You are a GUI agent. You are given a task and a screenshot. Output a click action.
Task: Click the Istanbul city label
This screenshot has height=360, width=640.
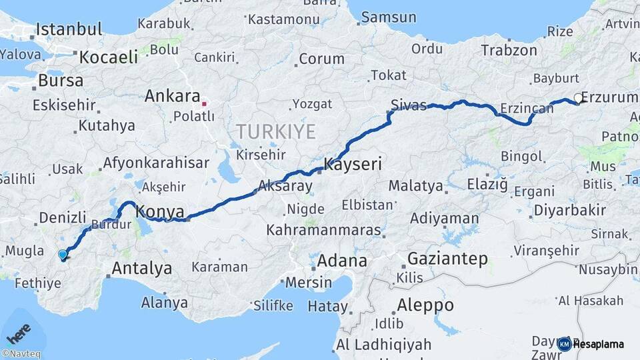(69, 29)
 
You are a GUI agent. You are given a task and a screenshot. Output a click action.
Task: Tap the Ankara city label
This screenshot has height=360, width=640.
(173, 96)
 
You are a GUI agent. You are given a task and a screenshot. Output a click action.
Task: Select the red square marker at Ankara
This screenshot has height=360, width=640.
(205, 103)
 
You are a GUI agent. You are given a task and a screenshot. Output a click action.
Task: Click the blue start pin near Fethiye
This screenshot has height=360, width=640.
(63, 254)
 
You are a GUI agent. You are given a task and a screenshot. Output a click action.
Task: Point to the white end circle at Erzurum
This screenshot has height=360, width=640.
(578, 98)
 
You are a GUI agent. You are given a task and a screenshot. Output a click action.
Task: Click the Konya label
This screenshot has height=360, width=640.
(160, 212)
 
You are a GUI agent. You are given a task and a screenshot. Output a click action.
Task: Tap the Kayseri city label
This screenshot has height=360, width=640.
(353, 165)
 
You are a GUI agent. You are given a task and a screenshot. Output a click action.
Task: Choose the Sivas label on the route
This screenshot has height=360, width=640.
(409, 105)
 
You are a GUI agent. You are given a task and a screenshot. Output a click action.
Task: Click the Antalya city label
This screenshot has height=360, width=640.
(141, 269)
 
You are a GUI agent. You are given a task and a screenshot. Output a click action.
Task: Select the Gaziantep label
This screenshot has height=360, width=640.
(447, 258)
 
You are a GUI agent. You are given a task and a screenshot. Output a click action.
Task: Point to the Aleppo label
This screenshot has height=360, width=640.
(425, 306)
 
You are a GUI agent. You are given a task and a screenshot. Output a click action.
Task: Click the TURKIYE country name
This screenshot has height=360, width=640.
(275, 131)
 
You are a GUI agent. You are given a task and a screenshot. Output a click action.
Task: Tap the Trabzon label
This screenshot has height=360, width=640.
(509, 50)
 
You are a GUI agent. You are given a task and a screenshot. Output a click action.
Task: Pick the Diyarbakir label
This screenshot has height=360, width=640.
(569, 211)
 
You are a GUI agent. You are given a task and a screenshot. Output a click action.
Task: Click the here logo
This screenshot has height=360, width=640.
(19, 331)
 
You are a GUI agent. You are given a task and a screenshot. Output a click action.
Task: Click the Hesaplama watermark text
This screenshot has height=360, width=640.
(598, 344)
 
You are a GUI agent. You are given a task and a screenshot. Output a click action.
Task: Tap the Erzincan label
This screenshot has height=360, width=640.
(526, 108)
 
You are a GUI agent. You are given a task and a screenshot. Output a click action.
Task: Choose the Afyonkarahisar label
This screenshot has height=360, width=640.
(156, 163)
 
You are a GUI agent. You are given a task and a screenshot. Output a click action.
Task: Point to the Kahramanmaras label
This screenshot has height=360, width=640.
(323, 231)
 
